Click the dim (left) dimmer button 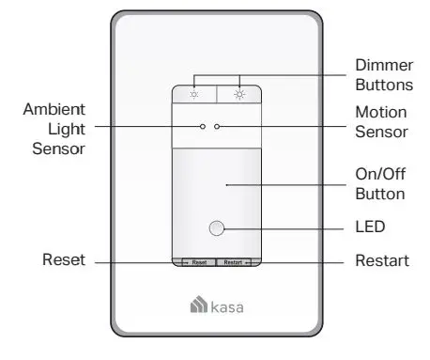(194, 93)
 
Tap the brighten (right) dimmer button (238, 93)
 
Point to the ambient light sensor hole (203, 125)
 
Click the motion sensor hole (218, 125)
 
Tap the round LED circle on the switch (217, 228)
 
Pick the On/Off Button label (380, 185)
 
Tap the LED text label (370, 227)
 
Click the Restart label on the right (381, 260)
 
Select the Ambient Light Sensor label (54, 128)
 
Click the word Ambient (54, 109)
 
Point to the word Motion (380, 111)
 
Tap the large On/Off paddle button (217, 193)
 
